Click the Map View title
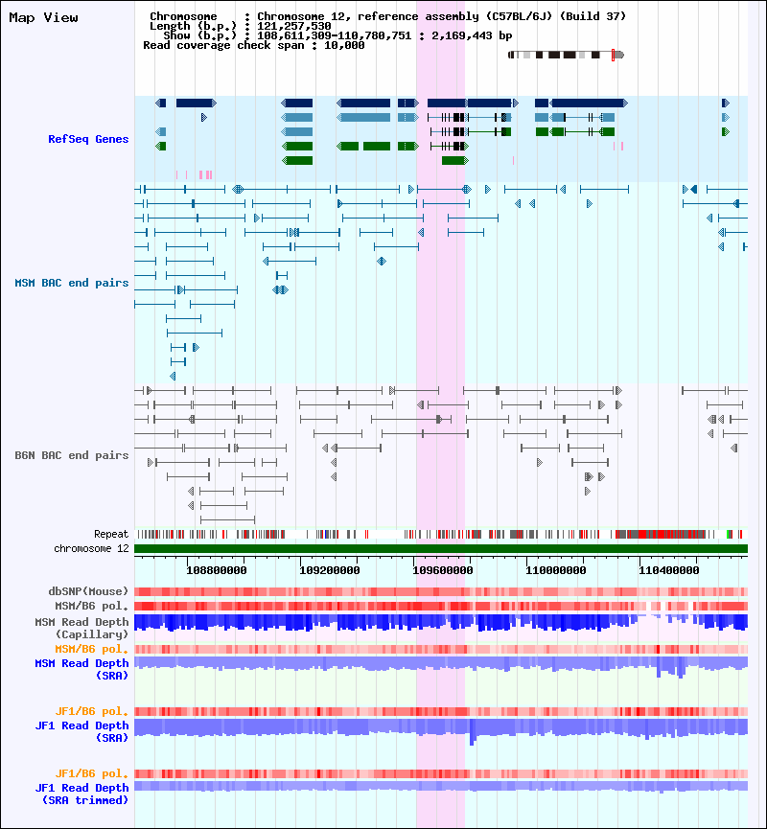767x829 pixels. coord(44,17)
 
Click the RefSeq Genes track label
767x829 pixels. coord(88,140)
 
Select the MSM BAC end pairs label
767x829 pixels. coord(72,283)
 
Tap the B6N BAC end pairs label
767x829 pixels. coord(72,455)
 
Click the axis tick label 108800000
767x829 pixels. coord(216,569)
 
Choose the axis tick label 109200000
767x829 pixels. coord(328,569)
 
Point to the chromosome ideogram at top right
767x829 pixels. coord(566,55)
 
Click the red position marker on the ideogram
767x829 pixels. coord(613,55)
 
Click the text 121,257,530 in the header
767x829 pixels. coord(294,26)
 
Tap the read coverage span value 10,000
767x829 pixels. coord(343,45)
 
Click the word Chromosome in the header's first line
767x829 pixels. coord(178,17)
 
